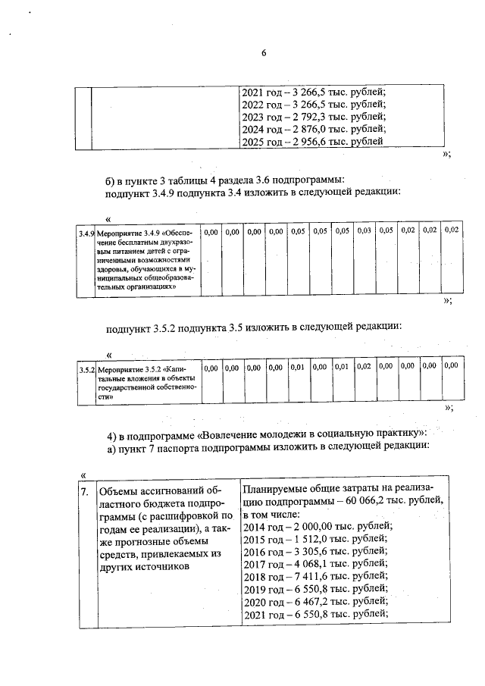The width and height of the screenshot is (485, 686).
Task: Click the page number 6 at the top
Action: tap(264, 52)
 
